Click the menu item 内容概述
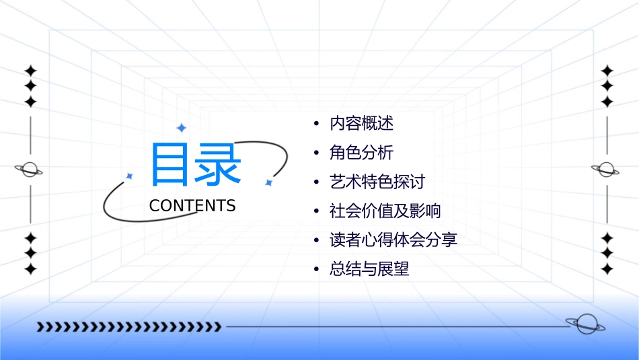click(x=361, y=123)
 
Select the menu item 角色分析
click(x=361, y=153)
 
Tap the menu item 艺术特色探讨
click(x=377, y=182)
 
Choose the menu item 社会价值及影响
click(x=385, y=211)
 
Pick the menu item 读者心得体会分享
click(x=393, y=240)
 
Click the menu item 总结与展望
click(x=369, y=269)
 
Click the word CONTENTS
click(x=192, y=206)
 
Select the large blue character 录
click(x=218, y=164)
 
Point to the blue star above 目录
click(x=181, y=128)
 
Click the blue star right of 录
click(x=268, y=182)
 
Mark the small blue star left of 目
click(x=129, y=176)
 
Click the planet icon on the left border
click(x=29, y=170)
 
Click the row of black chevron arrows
click(x=129, y=327)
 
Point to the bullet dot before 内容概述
click(x=317, y=124)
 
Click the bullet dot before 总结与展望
click(x=317, y=269)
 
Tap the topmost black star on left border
click(x=30, y=71)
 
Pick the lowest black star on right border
click(x=607, y=269)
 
